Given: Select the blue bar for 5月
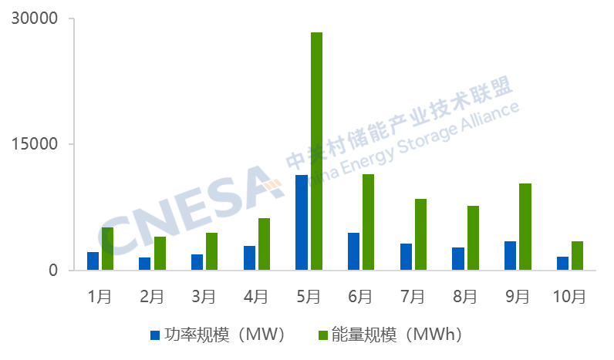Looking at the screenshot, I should pos(302,223).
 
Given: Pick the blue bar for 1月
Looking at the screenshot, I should pos(93,261).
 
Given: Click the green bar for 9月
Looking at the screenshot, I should pos(525,227).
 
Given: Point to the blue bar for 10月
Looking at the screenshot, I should pos(562,264).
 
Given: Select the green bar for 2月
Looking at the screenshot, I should pos(160,254).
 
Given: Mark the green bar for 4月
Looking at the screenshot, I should pos(265,244).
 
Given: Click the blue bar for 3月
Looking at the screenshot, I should pos(197,262).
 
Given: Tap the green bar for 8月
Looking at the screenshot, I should pos(473,238).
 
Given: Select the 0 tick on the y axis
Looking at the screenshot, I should pos(54,271).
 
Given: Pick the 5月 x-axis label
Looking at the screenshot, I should pos(309,296).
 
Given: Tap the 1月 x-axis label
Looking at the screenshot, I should pos(100,296).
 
